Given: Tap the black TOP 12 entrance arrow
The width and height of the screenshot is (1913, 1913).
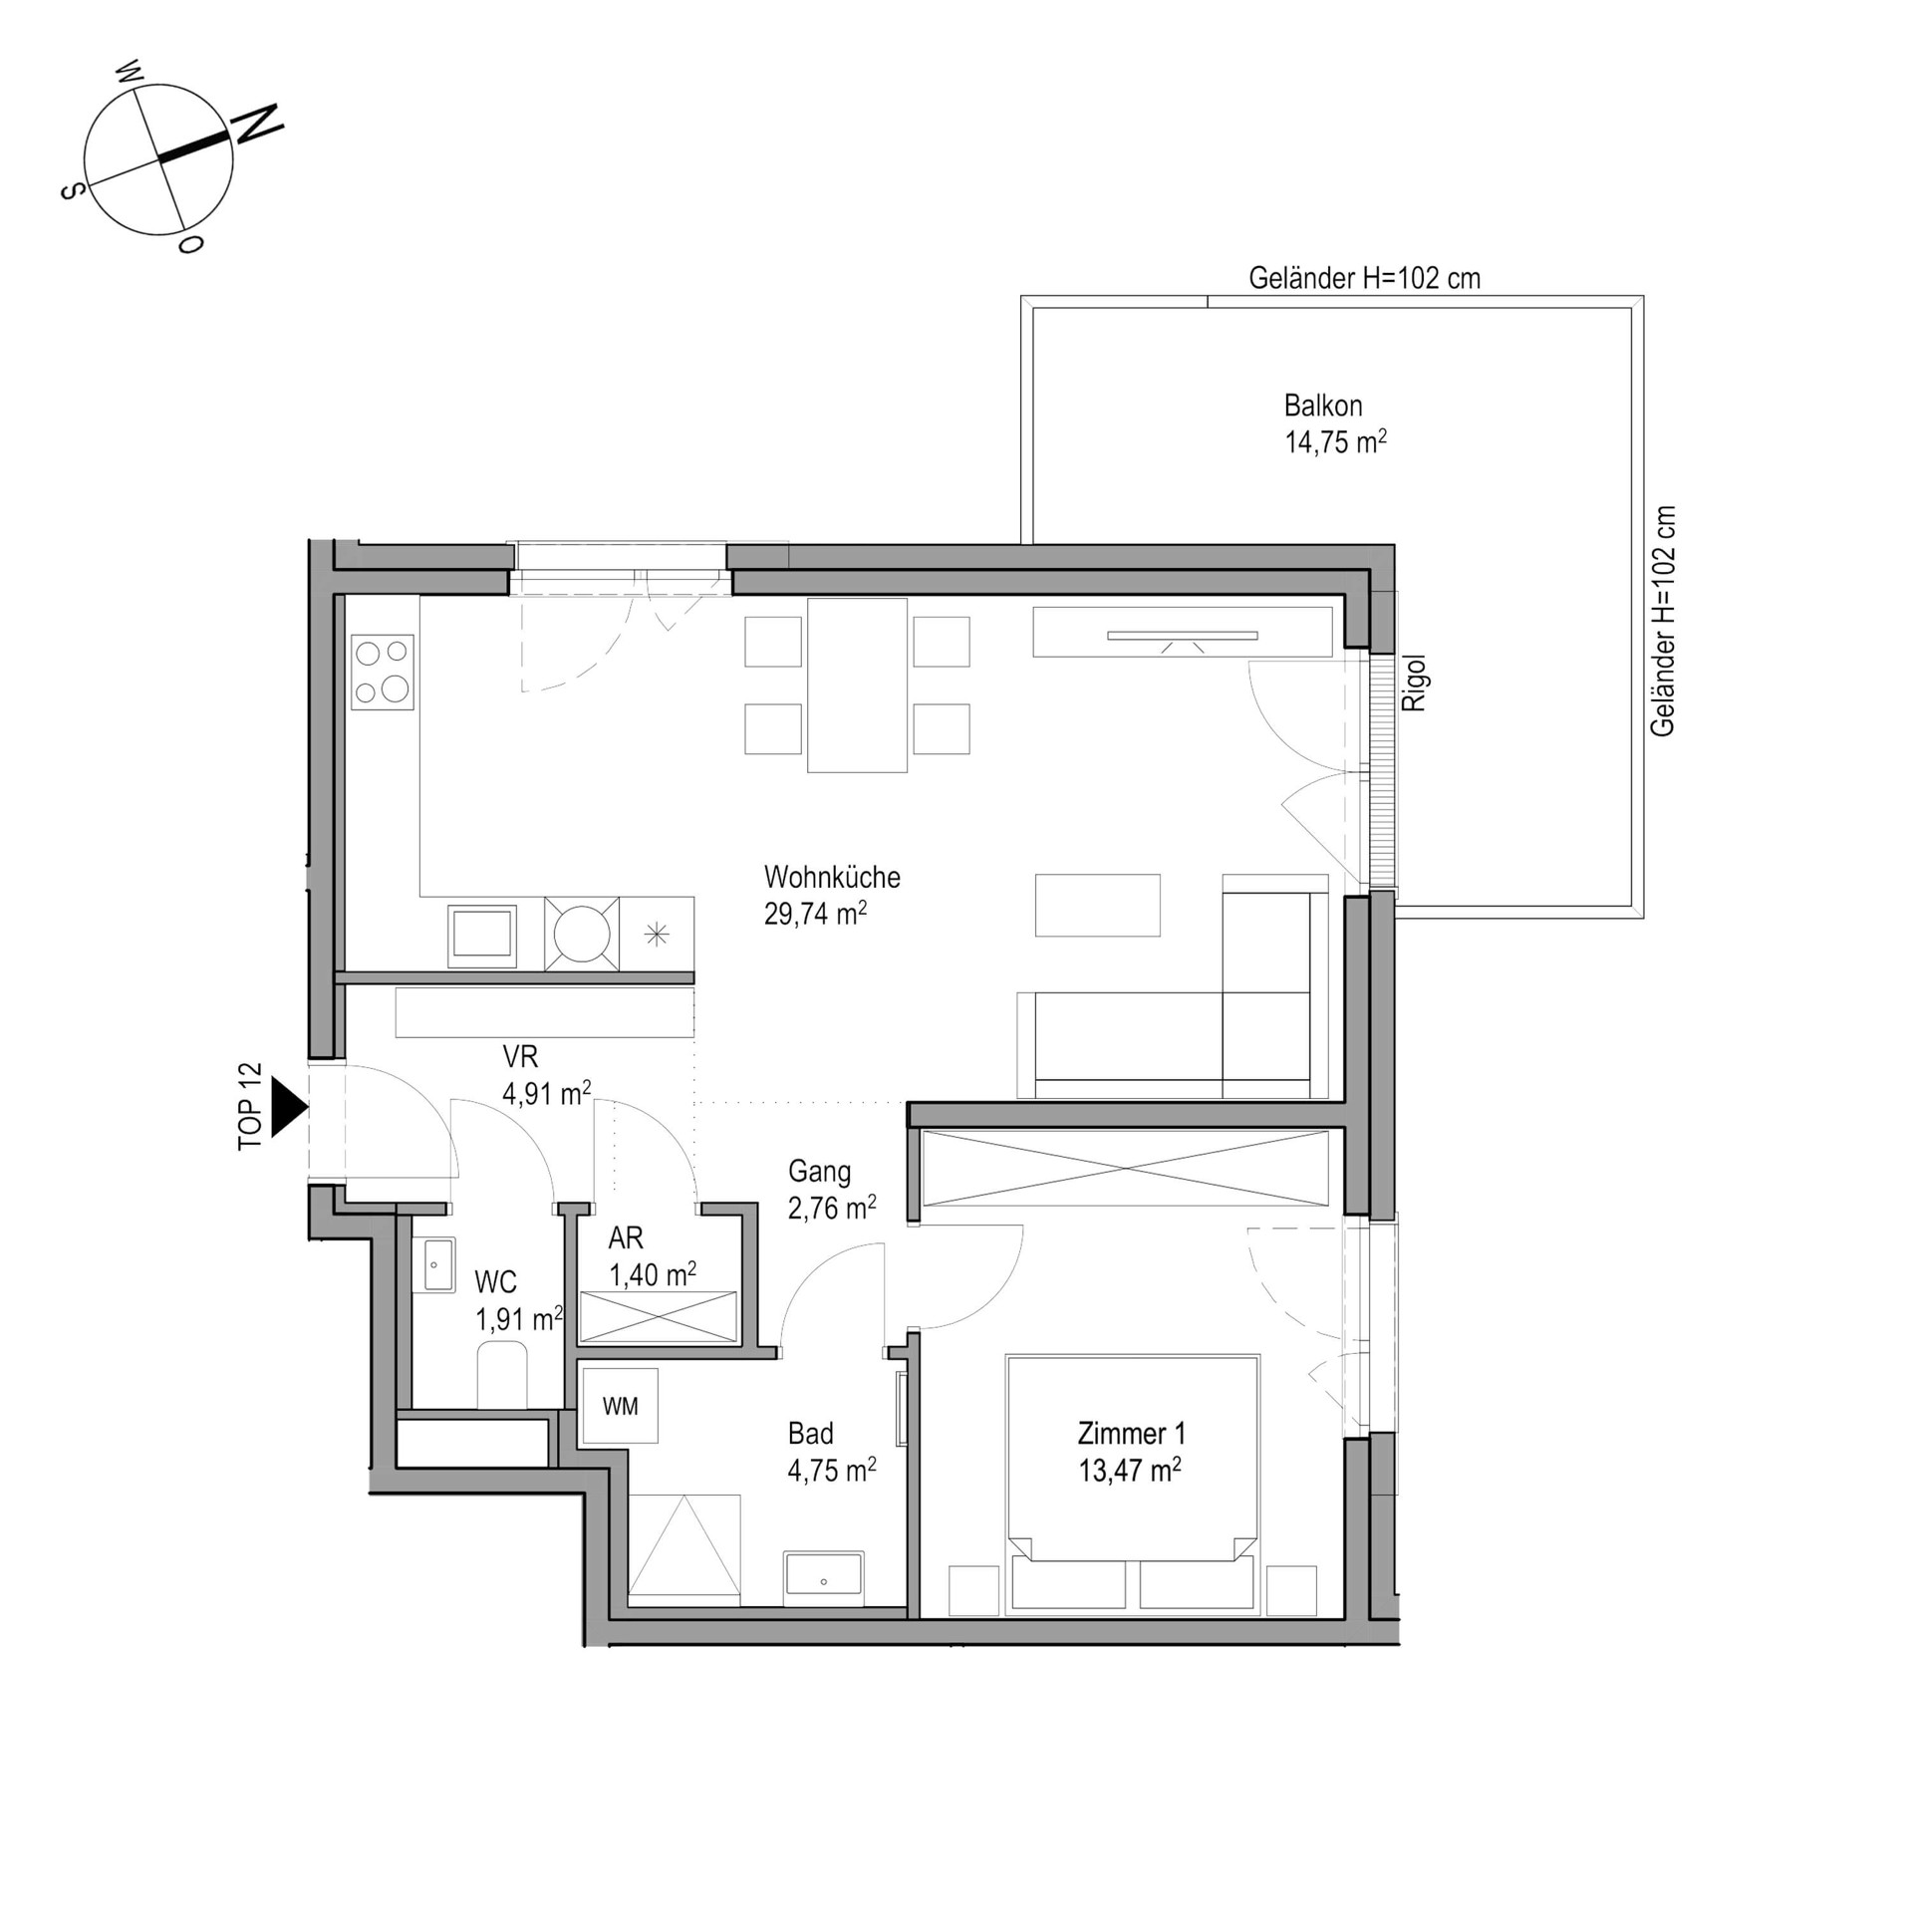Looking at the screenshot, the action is click(x=289, y=1107).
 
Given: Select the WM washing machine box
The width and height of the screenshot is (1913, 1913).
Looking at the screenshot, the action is click(x=621, y=1406).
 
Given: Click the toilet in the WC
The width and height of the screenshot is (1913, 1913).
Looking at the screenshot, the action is click(x=502, y=1375).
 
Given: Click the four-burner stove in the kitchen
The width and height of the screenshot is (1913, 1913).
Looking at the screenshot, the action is click(x=383, y=673).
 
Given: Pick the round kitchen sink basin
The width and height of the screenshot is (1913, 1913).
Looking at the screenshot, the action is click(x=582, y=934).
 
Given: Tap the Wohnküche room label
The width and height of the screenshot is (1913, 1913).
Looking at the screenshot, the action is click(x=832, y=877).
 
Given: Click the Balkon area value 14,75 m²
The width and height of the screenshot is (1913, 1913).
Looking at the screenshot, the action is click(x=1336, y=442).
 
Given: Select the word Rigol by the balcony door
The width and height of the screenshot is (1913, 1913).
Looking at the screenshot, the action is click(x=1415, y=683).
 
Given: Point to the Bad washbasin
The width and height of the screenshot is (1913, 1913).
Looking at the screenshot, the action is click(x=823, y=1577).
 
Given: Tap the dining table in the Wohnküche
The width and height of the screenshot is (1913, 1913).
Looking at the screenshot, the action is click(x=857, y=685).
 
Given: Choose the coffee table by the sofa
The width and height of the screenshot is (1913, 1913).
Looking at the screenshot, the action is click(x=1098, y=905).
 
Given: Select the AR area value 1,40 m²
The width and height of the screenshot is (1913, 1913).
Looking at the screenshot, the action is click(x=653, y=1274).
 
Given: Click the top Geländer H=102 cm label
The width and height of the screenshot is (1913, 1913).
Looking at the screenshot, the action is click(x=1365, y=279).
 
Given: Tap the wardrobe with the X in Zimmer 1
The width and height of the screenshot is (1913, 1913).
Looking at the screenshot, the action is click(x=1125, y=1168).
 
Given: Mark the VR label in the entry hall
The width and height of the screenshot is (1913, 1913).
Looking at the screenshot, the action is click(x=520, y=1056).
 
